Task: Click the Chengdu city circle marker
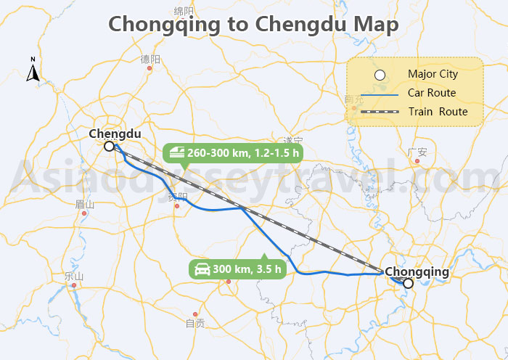[108, 146]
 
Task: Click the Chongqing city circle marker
[408, 283]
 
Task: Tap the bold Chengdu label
[115, 134]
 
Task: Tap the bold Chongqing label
[417, 271]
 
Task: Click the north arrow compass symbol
[33, 71]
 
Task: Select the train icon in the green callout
[176, 153]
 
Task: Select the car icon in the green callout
[201, 269]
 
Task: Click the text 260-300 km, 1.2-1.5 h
[243, 153]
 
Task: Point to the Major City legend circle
[379, 74]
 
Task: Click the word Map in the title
[375, 24]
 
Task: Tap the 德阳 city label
[150, 59]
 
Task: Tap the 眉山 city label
[85, 204]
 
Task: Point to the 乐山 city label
[74, 276]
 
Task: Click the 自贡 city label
[194, 324]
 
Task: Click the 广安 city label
[417, 152]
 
